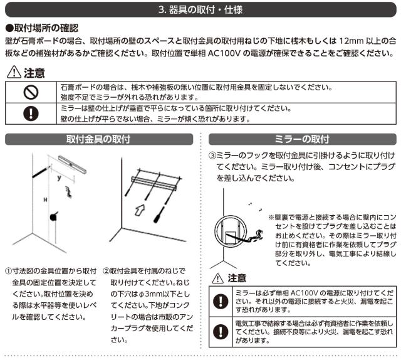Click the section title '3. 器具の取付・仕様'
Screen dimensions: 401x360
[200, 10]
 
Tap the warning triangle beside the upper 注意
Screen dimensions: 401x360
[14, 72]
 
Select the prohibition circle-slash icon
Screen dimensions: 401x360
[31, 92]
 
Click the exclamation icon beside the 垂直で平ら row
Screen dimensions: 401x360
[31, 114]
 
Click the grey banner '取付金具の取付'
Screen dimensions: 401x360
[99, 139]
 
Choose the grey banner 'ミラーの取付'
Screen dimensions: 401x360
[302, 139]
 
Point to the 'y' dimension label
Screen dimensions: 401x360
[60, 177]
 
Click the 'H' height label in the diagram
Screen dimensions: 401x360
[45, 199]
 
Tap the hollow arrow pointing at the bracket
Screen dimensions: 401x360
[140, 209]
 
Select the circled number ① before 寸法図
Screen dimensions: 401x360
[8, 271]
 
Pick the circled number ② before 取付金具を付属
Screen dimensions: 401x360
[106, 271]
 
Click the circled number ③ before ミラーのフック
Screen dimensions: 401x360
[212, 156]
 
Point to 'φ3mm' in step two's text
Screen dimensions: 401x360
[148, 294]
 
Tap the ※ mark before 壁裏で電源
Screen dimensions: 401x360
[271, 218]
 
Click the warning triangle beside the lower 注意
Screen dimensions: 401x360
[217, 278]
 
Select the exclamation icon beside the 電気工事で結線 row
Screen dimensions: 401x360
[221, 332]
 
